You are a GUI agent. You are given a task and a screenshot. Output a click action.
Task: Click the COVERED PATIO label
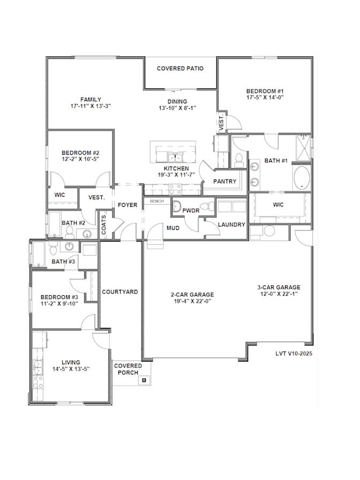coord(180,68)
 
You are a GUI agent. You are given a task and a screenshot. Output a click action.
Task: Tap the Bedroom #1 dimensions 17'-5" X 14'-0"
coord(265,97)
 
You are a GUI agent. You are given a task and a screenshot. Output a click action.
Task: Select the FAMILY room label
coord(91,100)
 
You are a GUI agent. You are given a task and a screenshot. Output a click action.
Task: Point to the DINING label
coord(177,101)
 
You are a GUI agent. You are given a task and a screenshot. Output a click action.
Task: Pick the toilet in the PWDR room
coord(210,206)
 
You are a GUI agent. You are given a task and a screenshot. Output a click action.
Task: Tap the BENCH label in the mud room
coord(157,201)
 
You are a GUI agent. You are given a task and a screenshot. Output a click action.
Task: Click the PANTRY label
coord(224,181)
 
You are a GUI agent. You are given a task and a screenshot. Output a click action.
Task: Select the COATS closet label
coord(103,224)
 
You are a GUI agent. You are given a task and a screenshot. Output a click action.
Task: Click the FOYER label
coord(127,205)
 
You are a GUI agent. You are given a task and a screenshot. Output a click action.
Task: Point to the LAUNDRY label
coord(231,224)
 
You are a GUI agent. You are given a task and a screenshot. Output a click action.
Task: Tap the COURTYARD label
coord(119,292)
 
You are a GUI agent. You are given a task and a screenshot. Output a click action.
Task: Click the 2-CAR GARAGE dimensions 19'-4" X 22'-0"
coord(192,301)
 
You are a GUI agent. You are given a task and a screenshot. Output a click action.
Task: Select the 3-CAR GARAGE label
coord(279,287)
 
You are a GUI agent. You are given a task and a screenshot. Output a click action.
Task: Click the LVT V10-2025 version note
coord(294,353)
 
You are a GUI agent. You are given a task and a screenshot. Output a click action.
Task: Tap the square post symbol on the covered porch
coord(144,380)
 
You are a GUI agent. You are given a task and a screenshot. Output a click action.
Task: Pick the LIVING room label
coord(71,362)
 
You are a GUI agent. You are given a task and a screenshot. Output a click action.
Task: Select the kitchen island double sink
coord(175,157)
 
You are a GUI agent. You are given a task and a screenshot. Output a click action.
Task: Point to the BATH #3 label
coord(63,261)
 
